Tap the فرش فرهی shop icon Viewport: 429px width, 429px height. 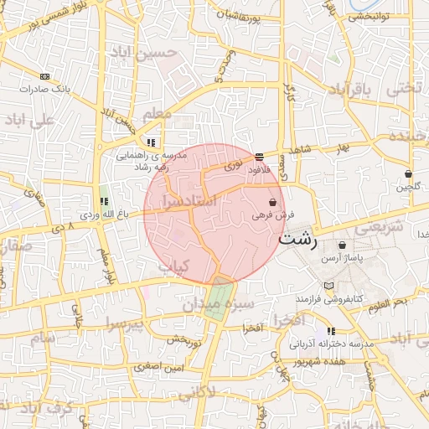pyautogui.click(x=273, y=203)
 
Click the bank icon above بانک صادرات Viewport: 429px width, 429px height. pyautogui.click(x=44, y=76)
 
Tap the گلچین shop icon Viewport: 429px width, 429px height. pyautogui.click(x=408, y=174)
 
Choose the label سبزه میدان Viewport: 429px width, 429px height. pyautogui.click(x=213, y=304)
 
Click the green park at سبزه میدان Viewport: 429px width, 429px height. pyautogui.click(x=221, y=293)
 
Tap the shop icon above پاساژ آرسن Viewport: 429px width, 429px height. pyautogui.click(x=342, y=246)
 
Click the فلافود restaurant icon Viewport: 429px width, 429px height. pyautogui.click(x=259, y=156)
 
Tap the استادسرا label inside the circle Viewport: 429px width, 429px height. pyautogui.click(x=187, y=203)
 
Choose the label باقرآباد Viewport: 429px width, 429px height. pyautogui.click(x=349, y=88)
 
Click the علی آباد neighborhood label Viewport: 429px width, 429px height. pyautogui.click(x=31, y=120)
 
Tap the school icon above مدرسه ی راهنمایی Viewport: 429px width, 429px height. pyautogui.click(x=152, y=142)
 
